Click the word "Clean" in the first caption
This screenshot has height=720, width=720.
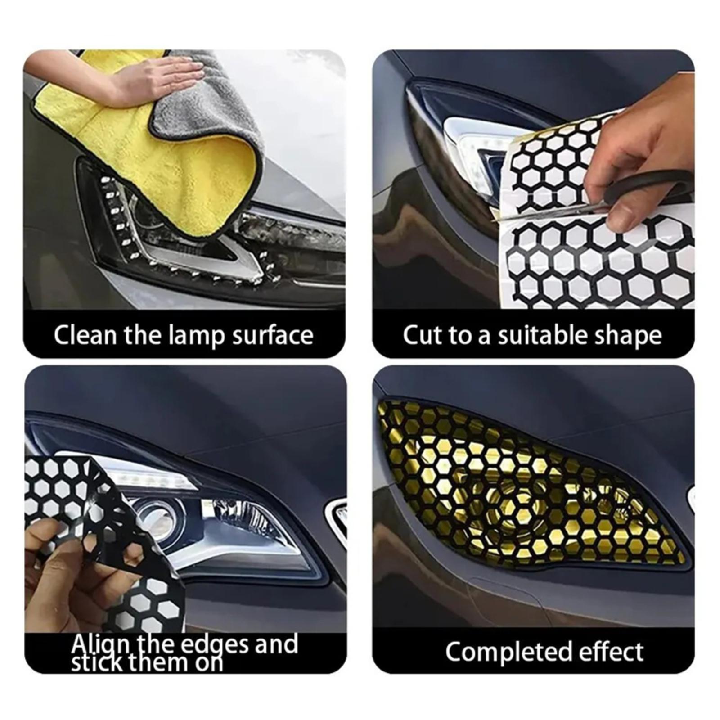(x=85, y=335)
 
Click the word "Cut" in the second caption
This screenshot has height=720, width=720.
(x=422, y=335)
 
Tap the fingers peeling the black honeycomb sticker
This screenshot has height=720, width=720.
(x=54, y=571)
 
